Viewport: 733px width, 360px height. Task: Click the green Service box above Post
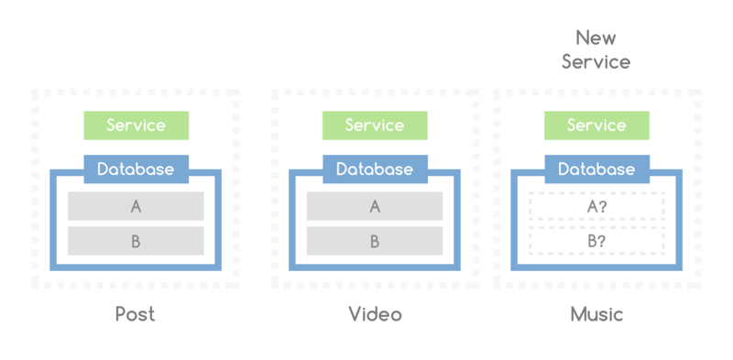(136, 125)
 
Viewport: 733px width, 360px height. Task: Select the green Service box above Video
(375, 125)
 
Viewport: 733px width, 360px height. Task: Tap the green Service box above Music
(596, 125)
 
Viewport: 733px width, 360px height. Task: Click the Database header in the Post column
(136, 169)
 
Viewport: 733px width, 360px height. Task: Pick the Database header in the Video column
(375, 169)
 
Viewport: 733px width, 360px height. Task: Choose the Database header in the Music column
(596, 169)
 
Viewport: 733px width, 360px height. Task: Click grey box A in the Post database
(136, 207)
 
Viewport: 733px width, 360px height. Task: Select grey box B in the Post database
(136, 242)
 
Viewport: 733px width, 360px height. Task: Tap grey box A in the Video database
(375, 207)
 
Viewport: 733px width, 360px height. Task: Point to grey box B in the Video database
(375, 242)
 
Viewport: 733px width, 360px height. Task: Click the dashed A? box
(596, 207)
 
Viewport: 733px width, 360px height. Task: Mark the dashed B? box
(596, 242)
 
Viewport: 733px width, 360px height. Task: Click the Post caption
(136, 314)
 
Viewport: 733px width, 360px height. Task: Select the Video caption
(375, 314)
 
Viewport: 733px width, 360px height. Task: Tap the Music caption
(596, 314)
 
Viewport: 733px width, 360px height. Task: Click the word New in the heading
(596, 38)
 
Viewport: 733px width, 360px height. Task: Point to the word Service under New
(596, 62)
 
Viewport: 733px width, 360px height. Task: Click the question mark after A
(604, 207)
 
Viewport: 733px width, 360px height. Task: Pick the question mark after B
(604, 242)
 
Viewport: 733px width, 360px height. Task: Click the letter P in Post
(122, 314)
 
